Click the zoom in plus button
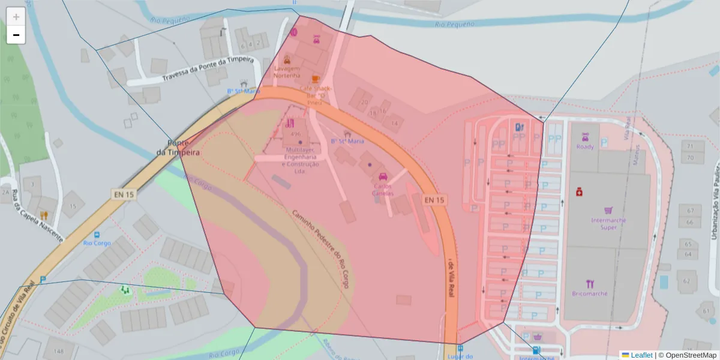pos(16,17)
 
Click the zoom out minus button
pos(16,35)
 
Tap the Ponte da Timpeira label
pos(178,148)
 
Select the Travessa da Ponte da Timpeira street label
pos(208,70)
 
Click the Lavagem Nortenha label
pos(287,72)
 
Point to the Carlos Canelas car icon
pos(383,177)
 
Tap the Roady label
pos(585,147)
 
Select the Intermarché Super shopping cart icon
pos(608,211)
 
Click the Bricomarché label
pos(590,293)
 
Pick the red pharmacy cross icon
pos(579,192)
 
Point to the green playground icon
pos(125,290)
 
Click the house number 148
pos(58,351)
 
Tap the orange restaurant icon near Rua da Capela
pos(43,215)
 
